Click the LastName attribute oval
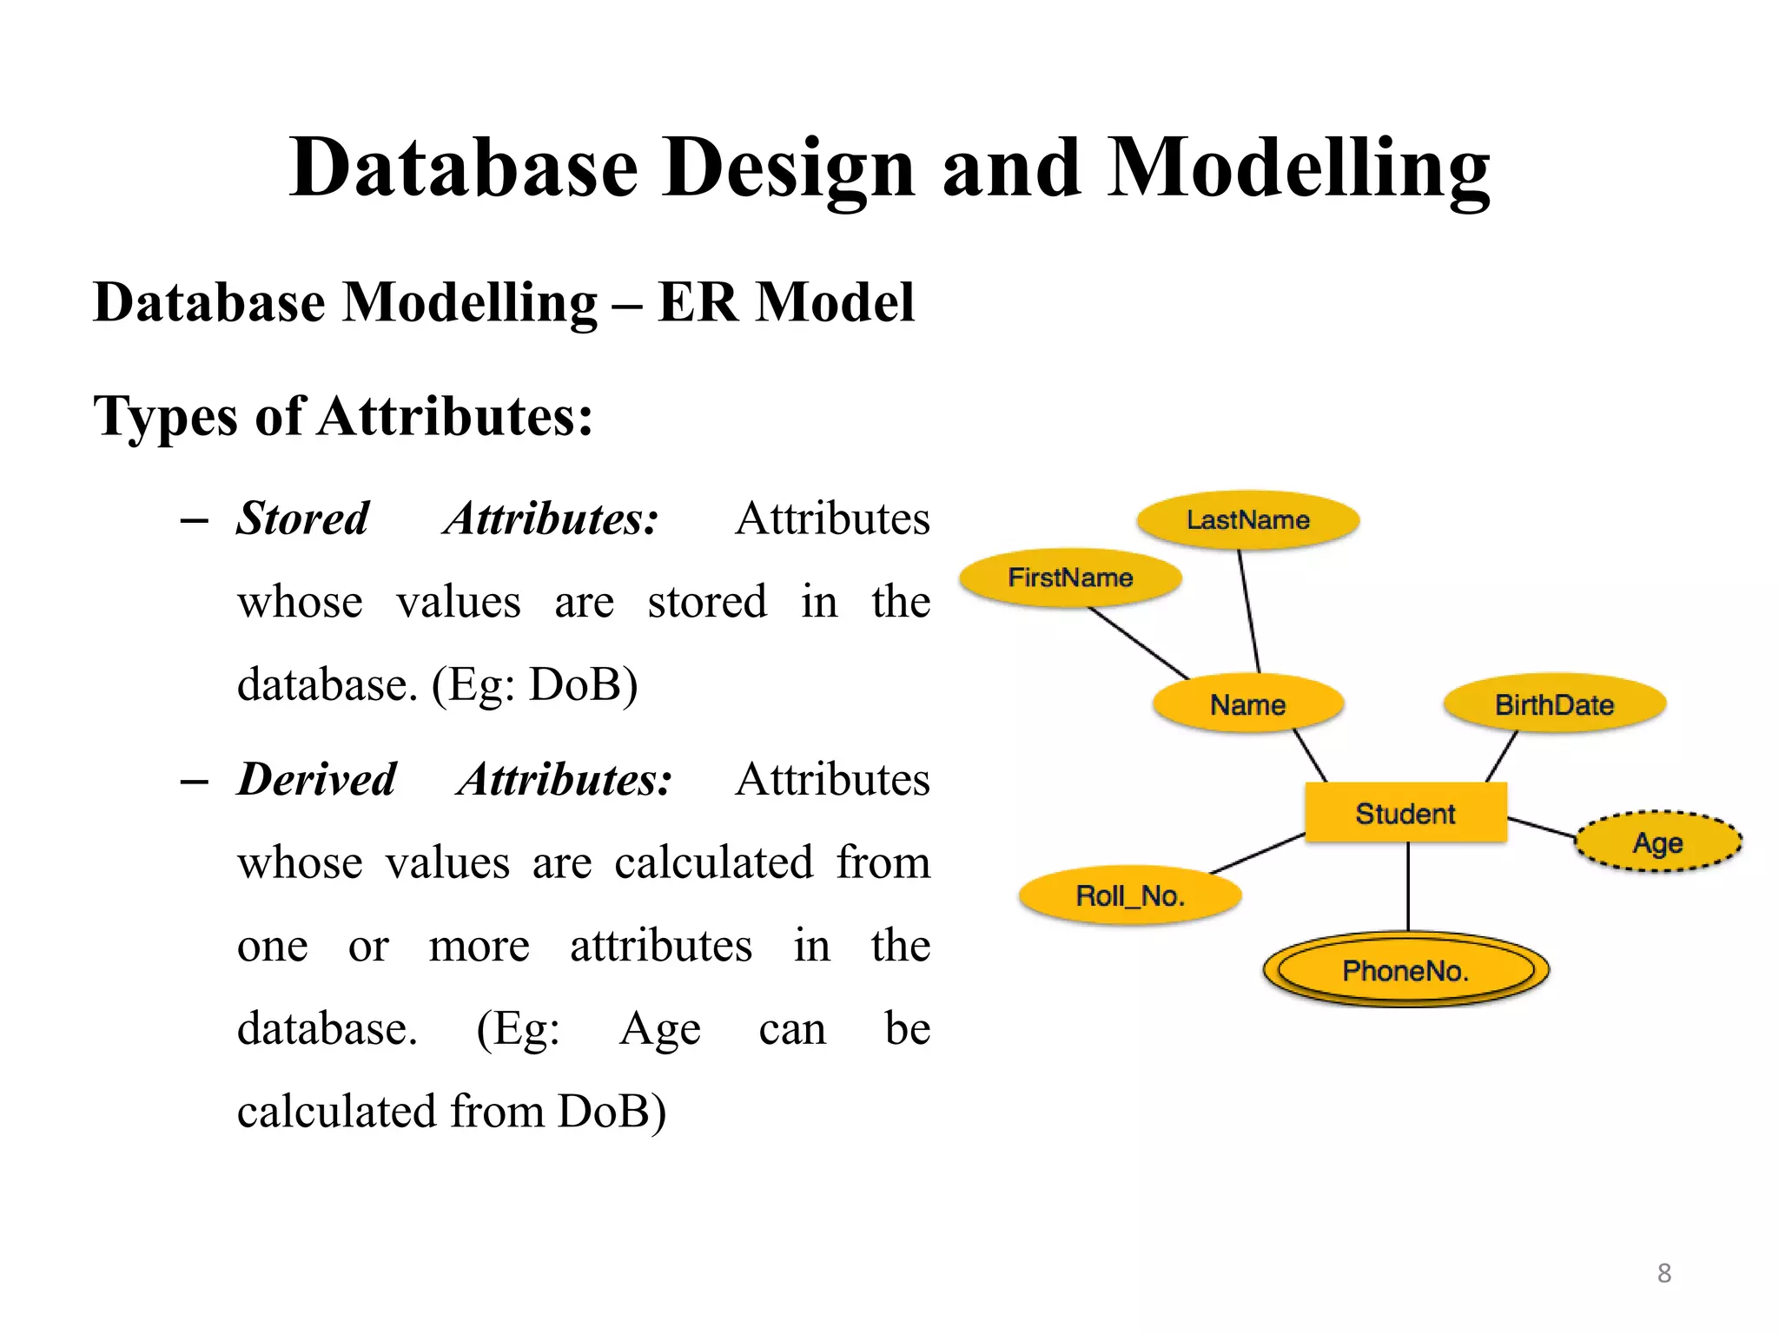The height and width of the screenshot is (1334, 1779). point(1247,520)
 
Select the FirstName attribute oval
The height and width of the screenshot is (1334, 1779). point(1069,578)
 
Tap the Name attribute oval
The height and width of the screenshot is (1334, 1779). point(1247,704)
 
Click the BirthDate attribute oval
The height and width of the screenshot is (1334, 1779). point(1554,704)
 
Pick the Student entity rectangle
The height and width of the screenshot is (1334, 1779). point(1405,813)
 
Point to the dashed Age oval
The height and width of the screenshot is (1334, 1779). point(1657,842)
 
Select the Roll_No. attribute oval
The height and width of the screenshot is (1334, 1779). point(1129,895)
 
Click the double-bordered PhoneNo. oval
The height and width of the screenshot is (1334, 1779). point(1405,970)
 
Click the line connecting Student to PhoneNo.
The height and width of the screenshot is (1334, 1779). point(1408,886)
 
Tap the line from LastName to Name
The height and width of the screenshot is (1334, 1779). point(1249,612)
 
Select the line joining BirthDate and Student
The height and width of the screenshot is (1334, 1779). point(1502,756)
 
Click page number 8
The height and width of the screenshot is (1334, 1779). point(1663,1273)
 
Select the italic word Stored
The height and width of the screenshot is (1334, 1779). point(303,518)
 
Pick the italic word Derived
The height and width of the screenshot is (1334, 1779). point(317,779)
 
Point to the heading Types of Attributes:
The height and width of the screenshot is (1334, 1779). point(343,416)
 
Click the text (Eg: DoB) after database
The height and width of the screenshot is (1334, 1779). point(535,685)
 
